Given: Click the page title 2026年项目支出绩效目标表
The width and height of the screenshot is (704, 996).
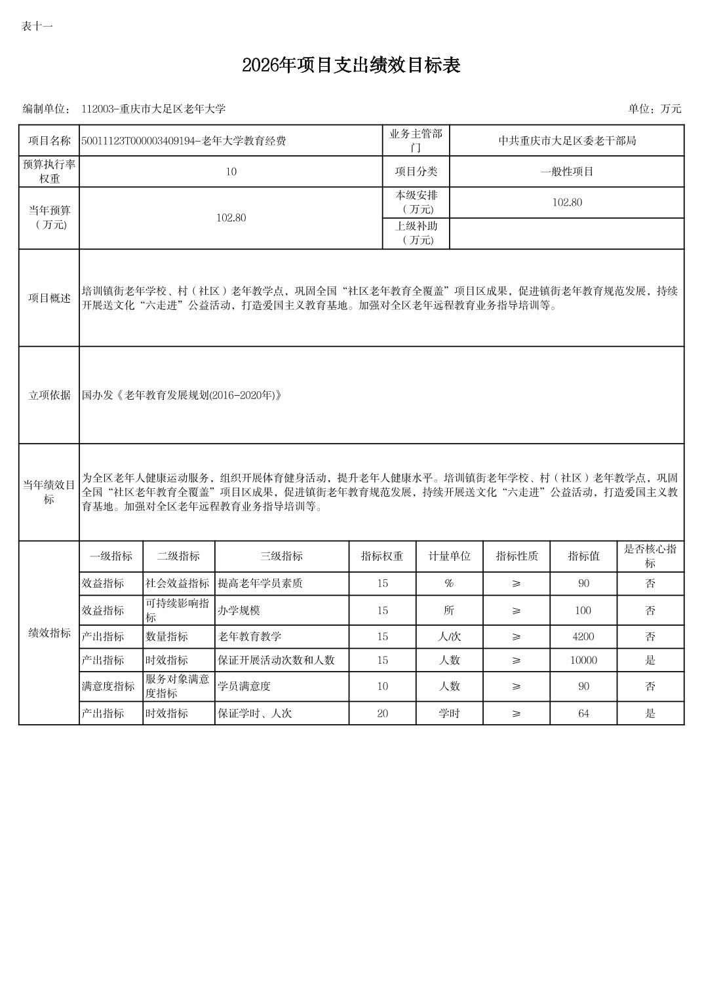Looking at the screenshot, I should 351,66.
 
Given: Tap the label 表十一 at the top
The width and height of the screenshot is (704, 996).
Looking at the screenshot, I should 37,26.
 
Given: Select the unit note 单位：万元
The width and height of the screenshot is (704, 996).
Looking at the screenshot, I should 654,109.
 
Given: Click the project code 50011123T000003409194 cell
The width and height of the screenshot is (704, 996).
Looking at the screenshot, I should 184,141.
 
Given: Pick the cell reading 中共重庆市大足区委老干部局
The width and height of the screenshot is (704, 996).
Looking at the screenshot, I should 566,141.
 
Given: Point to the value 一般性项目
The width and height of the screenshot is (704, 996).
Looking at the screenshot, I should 566,172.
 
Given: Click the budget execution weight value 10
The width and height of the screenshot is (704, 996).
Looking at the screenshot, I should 231,172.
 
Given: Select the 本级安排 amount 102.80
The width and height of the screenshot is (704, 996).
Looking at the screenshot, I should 566,202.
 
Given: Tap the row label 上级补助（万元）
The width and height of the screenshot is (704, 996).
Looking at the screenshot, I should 416,233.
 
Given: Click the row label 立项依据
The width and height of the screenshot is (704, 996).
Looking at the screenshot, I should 49,395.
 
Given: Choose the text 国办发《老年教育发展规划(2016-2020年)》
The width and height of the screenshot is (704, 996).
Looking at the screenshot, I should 182,395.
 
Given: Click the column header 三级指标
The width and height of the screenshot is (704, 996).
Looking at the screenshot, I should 281,556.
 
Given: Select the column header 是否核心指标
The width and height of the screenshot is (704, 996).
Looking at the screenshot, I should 650,556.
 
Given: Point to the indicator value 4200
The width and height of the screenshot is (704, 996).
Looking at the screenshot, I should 583,636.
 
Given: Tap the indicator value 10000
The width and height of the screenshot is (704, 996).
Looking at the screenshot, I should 583,660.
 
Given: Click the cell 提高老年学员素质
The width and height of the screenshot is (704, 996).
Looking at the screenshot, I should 260,583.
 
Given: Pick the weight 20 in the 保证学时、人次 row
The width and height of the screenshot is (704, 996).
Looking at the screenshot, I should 382,713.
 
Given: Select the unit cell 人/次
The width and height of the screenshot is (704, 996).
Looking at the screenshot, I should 449,636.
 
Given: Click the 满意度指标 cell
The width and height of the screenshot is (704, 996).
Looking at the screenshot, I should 108,686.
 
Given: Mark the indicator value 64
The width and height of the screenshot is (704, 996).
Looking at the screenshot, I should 583,713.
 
